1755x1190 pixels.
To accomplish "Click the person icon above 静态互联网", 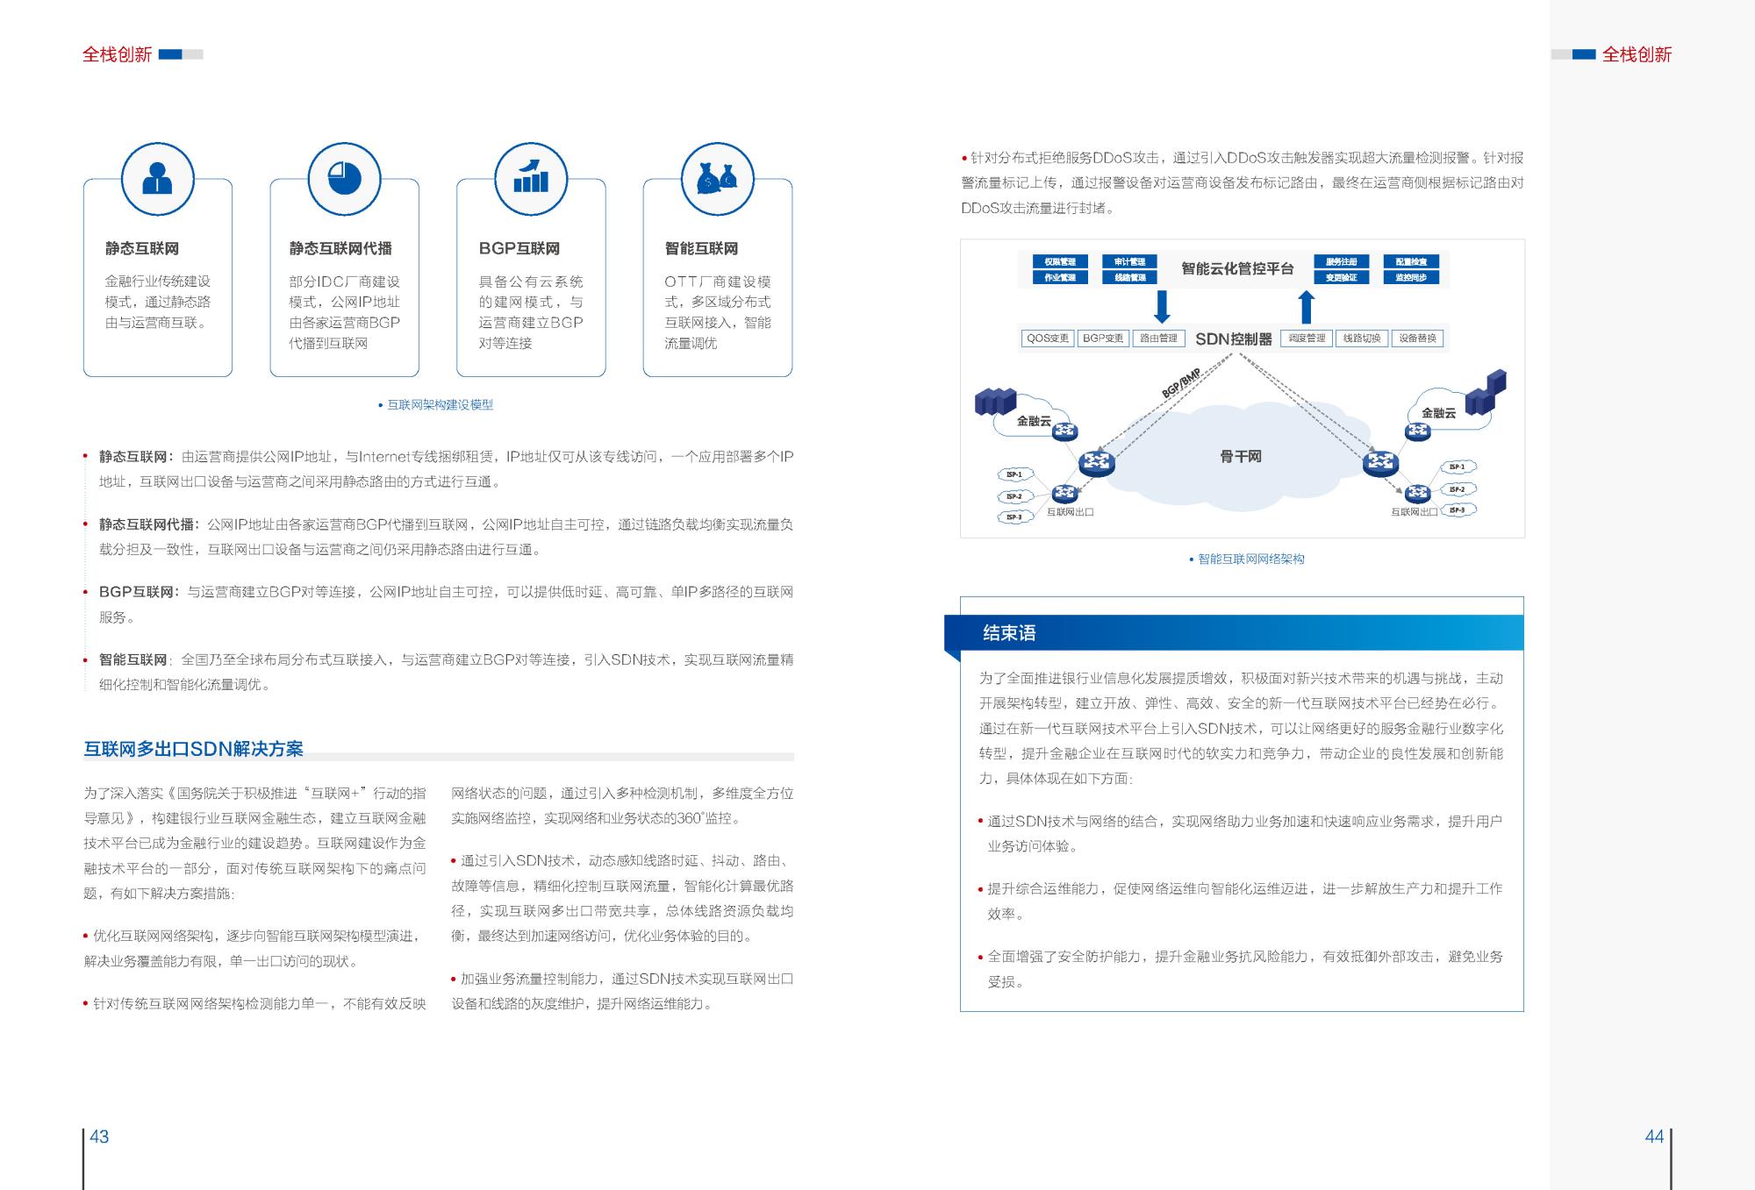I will (157, 179).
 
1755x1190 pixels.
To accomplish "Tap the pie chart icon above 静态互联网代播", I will (344, 179).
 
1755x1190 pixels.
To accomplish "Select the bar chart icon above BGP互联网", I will (531, 179).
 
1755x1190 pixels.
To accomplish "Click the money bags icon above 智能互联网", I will (718, 179).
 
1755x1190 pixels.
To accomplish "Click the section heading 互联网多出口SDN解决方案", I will (194, 749).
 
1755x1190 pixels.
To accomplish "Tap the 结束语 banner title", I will (1009, 633).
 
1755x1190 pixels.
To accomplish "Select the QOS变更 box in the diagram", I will (1048, 338).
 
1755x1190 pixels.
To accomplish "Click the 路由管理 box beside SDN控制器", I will (1158, 338).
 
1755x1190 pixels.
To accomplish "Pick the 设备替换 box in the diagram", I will (1417, 338).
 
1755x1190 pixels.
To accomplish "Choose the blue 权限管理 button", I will (1060, 261).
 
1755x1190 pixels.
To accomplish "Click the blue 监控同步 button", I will (1411, 277).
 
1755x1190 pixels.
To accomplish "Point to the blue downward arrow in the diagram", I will (1162, 307).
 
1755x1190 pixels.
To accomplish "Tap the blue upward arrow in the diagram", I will (1307, 307).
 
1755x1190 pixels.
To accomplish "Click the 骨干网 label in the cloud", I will (1240, 457).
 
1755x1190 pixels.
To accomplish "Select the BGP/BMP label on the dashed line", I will (1180, 383).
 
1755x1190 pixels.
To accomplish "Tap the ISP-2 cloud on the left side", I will (1014, 496).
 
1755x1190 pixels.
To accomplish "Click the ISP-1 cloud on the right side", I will (1458, 467).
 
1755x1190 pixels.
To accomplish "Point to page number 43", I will (100, 1137).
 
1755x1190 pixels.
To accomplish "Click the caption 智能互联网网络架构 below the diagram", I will (1251, 559).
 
